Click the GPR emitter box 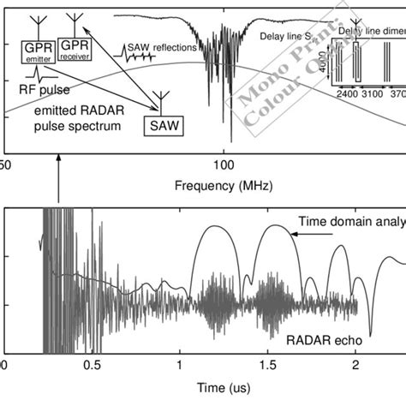pos(37,51)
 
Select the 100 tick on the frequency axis pos(224,163)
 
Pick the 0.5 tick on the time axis pos(92,366)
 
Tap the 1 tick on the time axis pos(180,366)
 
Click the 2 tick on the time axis pos(354,366)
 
